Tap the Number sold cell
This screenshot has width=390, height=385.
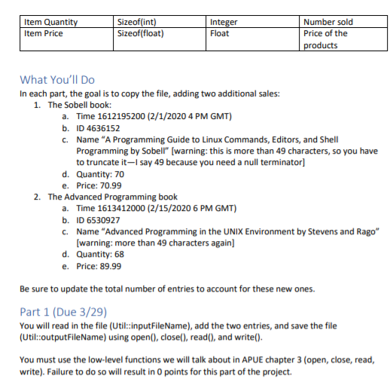(x=328, y=23)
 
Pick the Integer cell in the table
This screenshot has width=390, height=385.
(x=224, y=23)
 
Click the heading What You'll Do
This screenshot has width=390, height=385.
(x=57, y=80)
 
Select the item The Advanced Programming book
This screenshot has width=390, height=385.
(x=113, y=197)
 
